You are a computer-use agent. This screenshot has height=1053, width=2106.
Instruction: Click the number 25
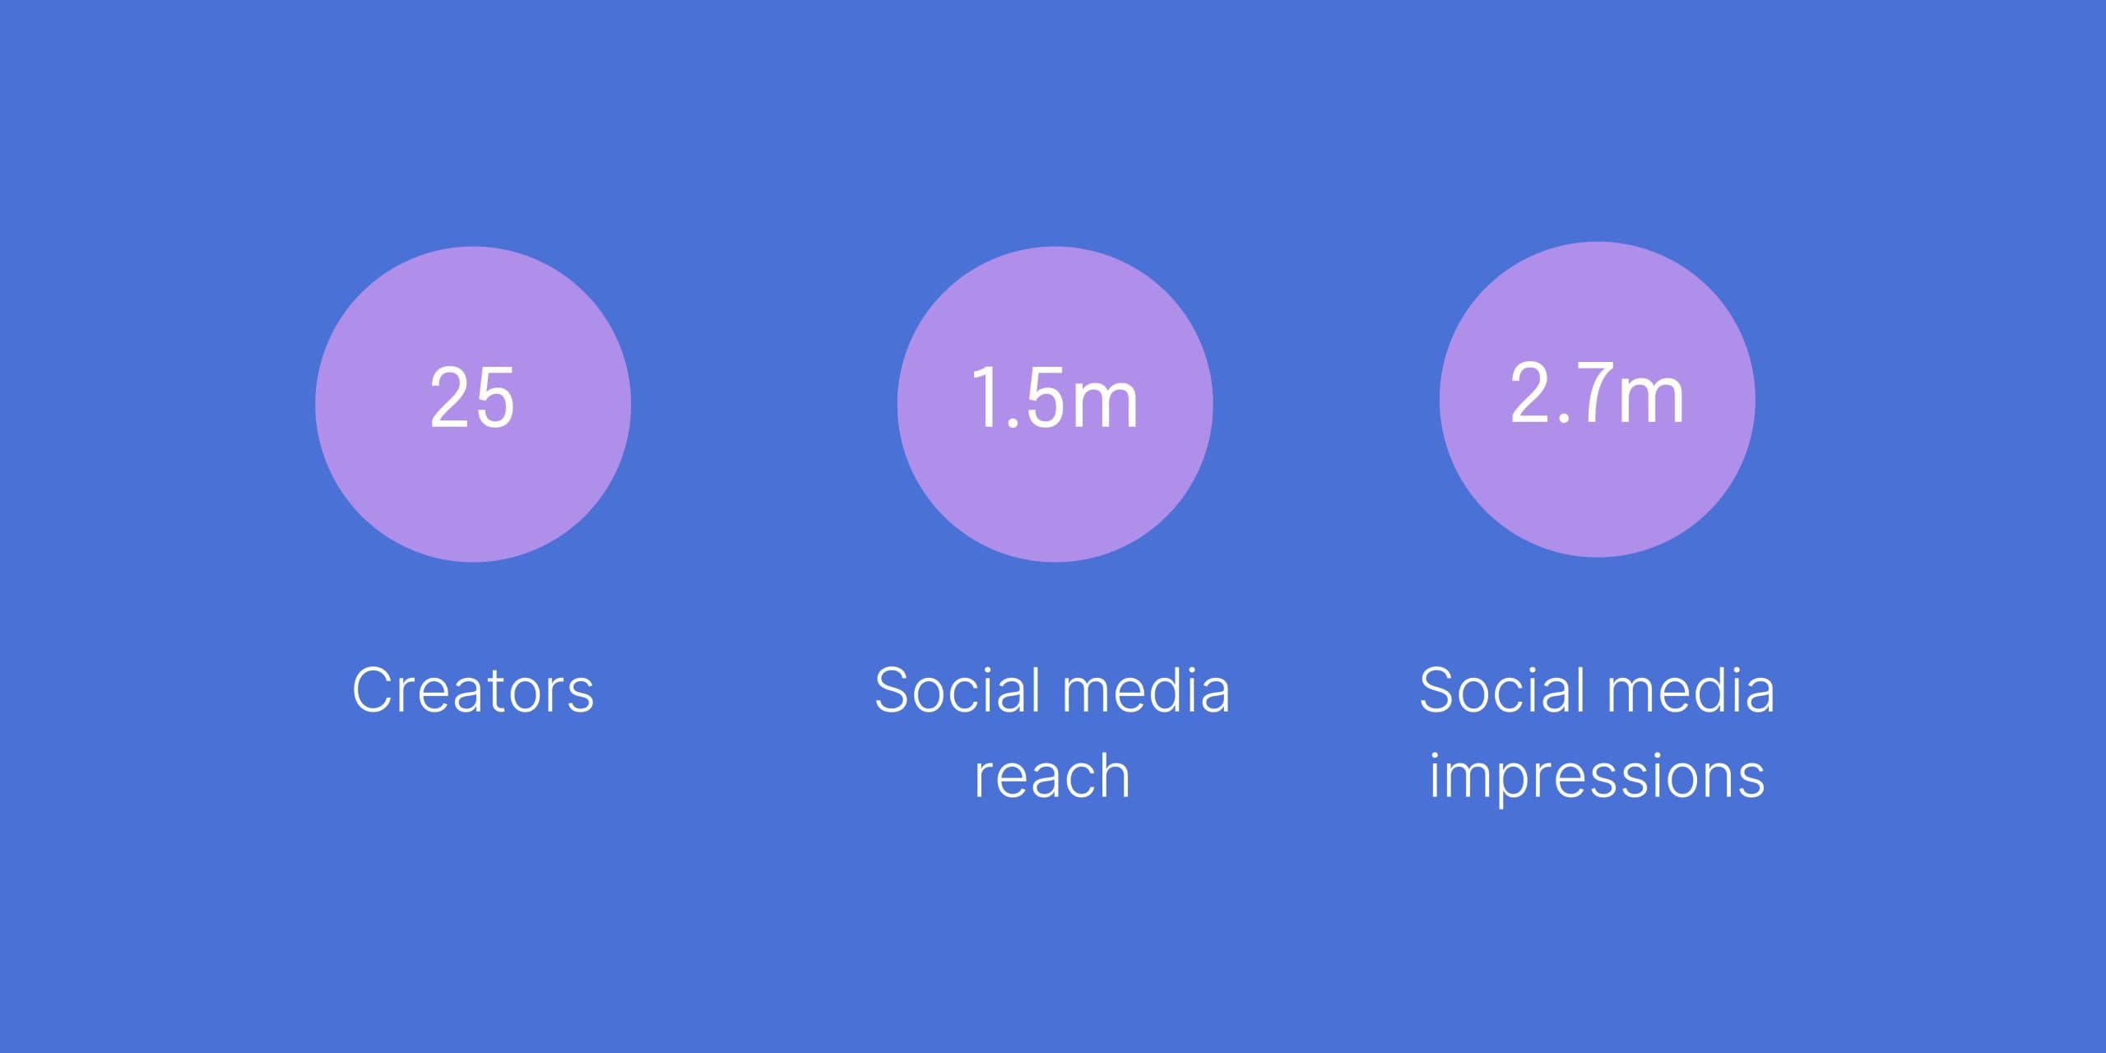[x=473, y=397]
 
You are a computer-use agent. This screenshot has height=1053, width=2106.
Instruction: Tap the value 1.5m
[x=1055, y=398]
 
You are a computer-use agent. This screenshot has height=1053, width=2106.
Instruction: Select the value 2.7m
[x=1597, y=393]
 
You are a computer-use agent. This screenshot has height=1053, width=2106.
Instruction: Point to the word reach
[x=1052, y=776]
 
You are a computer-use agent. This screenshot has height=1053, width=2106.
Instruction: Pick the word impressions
[x=1597, y=777]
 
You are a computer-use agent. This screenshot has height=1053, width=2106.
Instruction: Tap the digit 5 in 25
[x=495, y=398]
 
